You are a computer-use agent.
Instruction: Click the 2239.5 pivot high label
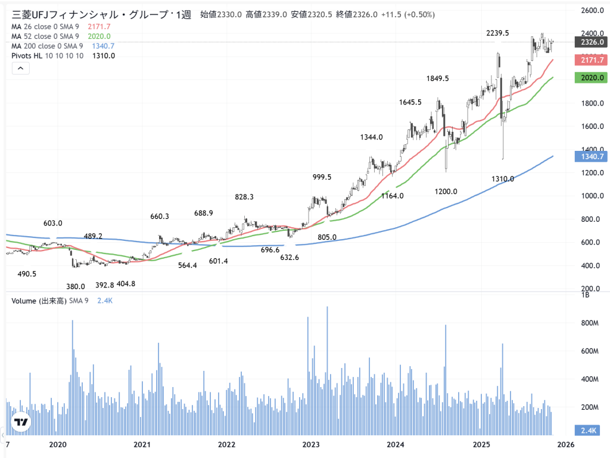(497, 33)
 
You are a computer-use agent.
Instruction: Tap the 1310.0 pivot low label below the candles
(503, 179)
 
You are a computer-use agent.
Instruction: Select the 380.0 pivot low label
(76, 286)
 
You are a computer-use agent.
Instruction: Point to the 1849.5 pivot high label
(437, 78)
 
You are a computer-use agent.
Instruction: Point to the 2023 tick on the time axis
(311, 444)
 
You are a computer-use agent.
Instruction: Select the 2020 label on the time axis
(57, 444)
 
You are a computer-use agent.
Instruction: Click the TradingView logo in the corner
(21, 422)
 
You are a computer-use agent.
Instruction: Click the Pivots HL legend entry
(47, 55)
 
